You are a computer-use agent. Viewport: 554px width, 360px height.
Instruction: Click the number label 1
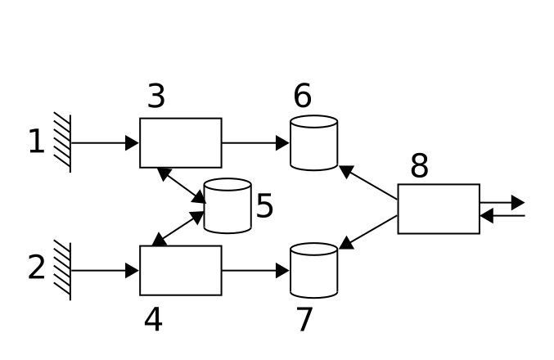(x=36, y=142)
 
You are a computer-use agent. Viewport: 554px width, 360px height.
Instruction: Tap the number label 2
(x=37, y=268)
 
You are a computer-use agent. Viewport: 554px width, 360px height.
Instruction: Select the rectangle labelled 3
(x=180, y=142)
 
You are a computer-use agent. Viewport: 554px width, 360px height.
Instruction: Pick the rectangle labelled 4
(x=180, y=270)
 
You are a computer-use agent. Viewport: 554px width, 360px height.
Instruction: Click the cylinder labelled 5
(x=227, y=206)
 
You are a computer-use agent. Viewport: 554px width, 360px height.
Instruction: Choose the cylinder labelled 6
(x=313, y=143)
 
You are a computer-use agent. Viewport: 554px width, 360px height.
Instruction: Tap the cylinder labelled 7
(x=313, y=270)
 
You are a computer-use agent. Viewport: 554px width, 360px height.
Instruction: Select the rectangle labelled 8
(x=439, y=209)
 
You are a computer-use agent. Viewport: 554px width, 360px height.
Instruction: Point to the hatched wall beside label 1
(x=62, y=142)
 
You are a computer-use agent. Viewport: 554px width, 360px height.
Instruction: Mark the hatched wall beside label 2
(x=62, y=270)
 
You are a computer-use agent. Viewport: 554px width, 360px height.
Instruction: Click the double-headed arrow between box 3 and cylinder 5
(x=181, y=185)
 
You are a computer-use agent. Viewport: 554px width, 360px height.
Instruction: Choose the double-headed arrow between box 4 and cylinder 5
(x=178, y=228)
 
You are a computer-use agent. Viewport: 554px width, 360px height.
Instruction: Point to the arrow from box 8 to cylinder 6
(x=368, y=182)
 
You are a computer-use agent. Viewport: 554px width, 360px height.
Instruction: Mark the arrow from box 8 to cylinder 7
(x=368, y=232)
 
